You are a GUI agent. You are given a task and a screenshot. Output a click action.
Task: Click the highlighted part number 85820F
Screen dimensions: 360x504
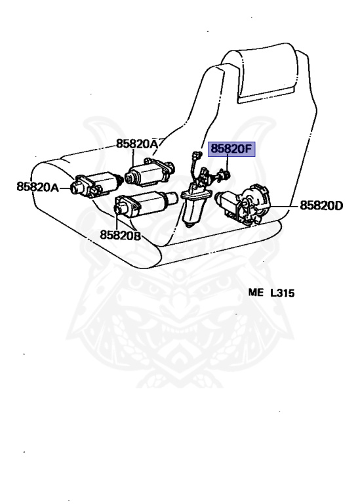point(231,149)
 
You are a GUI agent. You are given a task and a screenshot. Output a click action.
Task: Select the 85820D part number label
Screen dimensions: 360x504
point(321,205)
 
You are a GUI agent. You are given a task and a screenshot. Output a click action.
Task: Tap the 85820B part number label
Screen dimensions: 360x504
point(121,235)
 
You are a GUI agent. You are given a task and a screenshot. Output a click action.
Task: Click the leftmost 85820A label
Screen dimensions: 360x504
point(37,187)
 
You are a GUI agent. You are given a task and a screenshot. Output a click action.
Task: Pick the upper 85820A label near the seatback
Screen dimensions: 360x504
point(137,144)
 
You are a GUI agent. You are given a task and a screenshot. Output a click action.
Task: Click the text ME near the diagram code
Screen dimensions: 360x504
point(256,293)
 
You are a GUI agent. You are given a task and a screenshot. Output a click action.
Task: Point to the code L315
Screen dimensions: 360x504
point(282,293)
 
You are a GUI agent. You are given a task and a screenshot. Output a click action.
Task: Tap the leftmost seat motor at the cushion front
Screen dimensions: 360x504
point(95,184)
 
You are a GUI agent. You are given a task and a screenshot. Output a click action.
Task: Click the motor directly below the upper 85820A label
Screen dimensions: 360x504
point(150,172)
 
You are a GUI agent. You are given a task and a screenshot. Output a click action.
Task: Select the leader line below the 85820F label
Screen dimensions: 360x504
point(228,163)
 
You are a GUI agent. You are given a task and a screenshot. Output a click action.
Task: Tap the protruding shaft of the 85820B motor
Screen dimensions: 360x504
point(172,198)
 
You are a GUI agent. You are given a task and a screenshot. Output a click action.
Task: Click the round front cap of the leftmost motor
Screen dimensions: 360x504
point(76,188)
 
